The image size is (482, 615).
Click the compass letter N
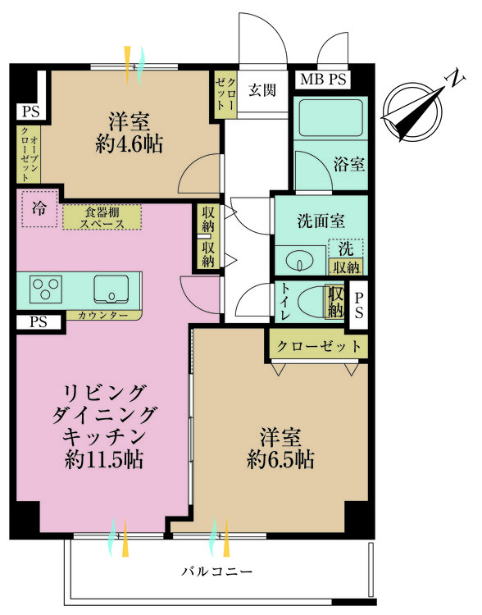point(450,79)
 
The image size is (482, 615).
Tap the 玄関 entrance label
point(261,88)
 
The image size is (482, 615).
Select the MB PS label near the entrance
point(324,80)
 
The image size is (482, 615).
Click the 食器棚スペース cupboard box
point(102,216)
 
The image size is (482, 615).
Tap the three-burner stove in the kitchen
point(46,289)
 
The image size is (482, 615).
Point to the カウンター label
point(102,315)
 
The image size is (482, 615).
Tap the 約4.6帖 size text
point(129,145)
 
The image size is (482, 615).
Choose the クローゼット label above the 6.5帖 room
point(318,346)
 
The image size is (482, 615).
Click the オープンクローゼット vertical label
point(25,154)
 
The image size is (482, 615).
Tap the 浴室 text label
point(349,164)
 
